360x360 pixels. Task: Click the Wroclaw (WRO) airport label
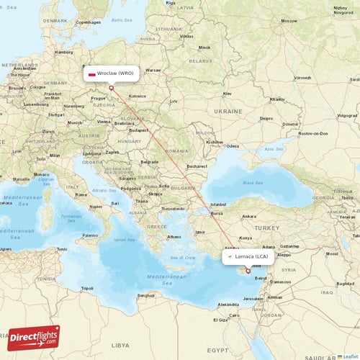tap(115, 73)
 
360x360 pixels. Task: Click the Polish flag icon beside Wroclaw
tap(92, 73)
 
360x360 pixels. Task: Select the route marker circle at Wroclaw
tap(111, 88)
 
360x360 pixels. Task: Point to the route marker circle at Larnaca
tap(248, 271)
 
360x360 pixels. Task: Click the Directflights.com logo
tap(34, 337)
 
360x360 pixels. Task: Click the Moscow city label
tap(289, 21)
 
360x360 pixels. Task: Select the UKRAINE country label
tap(229, 112)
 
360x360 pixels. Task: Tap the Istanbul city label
tap(217, 204)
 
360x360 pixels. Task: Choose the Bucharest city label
tap(196, 166)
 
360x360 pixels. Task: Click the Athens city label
tap(174, 237)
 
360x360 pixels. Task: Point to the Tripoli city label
tap(87, 288)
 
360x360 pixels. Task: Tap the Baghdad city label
tap(344, 283)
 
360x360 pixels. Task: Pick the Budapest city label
tap(138, 130)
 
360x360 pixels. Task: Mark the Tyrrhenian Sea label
tap(71, 217)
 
